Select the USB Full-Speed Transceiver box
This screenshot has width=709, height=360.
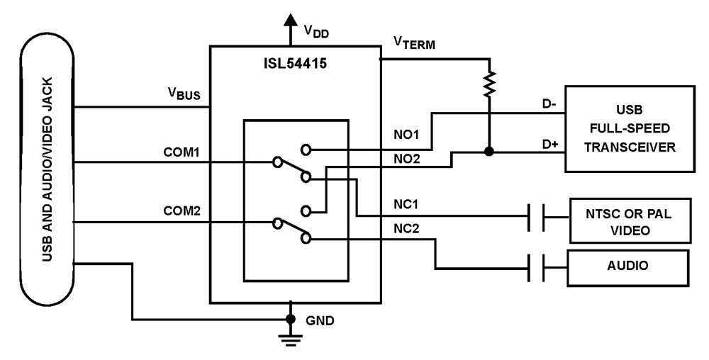[629, 129]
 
